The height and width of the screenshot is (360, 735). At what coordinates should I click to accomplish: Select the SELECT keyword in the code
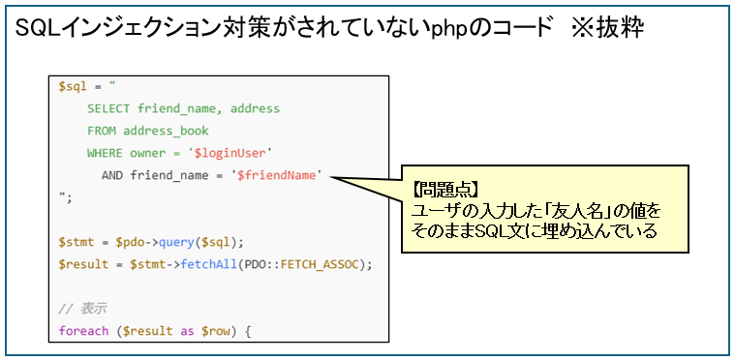(110, 109)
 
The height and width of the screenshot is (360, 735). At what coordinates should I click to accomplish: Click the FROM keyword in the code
(103, 131)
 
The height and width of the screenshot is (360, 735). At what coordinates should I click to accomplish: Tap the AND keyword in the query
(114, 175)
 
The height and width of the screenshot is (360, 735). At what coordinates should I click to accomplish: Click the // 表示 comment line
(82, 309)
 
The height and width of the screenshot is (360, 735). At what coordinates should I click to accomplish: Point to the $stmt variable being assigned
(77, 242)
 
